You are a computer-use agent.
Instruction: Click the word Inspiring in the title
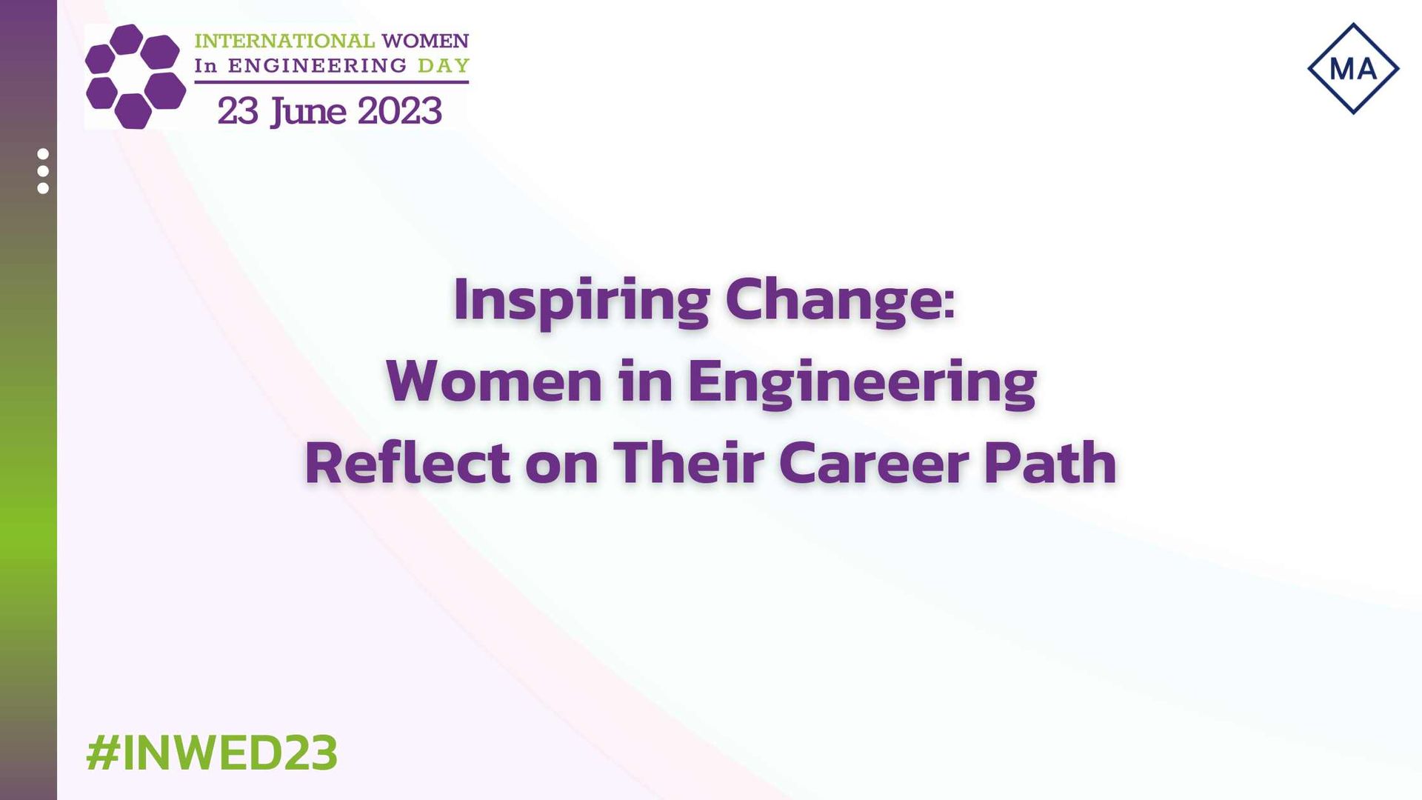[x=582, y=301]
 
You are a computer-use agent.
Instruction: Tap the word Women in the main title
[x=494, y=381]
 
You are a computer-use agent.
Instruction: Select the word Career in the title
[x=874, y=464]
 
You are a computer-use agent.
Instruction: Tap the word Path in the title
[x=1050, y=463]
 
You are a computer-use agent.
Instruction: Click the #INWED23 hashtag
[x=212, y=753]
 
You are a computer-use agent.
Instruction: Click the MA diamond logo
[x=1353, y=69]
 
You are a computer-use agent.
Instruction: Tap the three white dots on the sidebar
[x=43, y=171]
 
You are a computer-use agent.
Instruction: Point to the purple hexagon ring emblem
[x=136, y=76]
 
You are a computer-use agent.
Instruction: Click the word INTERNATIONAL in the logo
[x=285, y=41]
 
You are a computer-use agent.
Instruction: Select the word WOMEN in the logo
[x=426, y=41]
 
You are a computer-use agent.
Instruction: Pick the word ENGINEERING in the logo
[x=318, y=66]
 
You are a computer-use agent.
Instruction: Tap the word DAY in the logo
[x=444, y=66]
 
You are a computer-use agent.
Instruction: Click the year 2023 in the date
[x=400, y=112]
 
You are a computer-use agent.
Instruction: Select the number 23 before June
[x=238, y=112]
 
